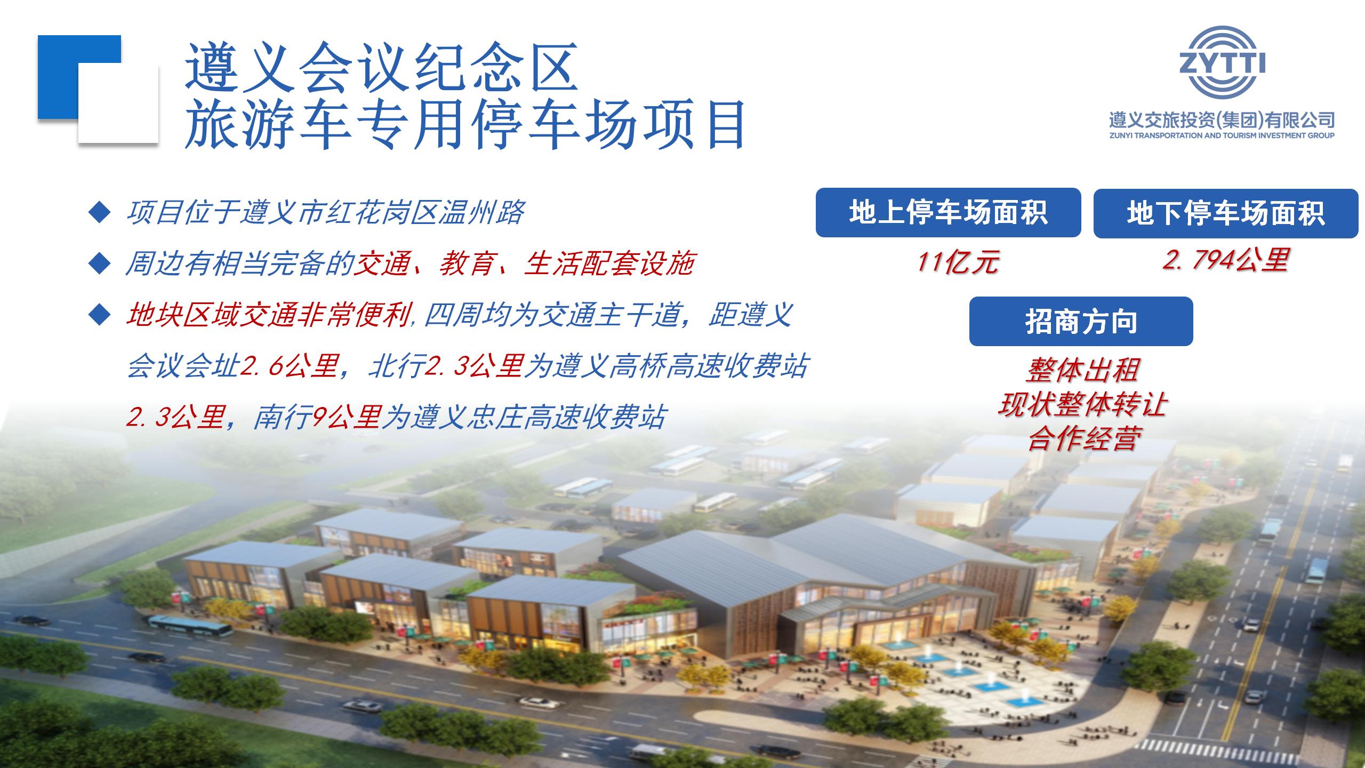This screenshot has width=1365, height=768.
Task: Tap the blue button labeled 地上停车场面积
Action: (948, 213)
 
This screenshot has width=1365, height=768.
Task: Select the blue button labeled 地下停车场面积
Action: (1226, 213)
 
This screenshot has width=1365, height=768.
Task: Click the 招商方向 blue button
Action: (1081, 322)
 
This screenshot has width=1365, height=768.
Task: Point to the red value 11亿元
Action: (958, 262)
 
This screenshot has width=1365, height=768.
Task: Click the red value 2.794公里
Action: (1225, 261)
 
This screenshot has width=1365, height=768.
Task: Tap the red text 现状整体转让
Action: (1082, 404)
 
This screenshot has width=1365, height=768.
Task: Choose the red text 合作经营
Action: (1082, 438)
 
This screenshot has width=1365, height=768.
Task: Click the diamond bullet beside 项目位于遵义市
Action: (99, 213)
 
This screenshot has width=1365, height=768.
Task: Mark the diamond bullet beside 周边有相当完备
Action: (99, 263)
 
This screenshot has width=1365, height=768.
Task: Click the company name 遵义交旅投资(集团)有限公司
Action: (1222, 120)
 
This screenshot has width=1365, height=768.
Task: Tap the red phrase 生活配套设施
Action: (608, 264)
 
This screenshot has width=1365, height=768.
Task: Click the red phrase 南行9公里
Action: (317, 417)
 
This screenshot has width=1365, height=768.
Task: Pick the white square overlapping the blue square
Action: (118, 103)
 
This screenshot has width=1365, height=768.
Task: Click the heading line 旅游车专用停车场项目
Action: (465, 125)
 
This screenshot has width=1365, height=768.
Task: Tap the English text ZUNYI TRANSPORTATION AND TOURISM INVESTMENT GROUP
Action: (1222, 135)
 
